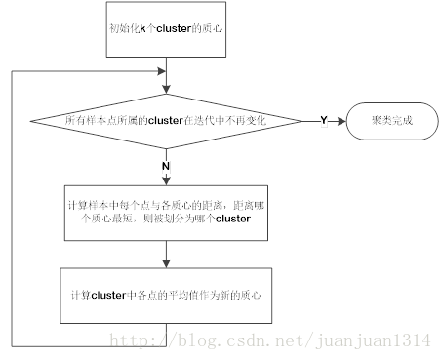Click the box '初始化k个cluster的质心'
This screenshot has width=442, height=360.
(x=167, y=28)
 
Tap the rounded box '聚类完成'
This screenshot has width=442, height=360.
(x=390, y=120)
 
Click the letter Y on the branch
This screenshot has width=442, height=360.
(x=323, y=119)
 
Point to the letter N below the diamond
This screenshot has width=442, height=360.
(x=167, y=166)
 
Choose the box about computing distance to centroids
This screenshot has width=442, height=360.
(x=167, y=212)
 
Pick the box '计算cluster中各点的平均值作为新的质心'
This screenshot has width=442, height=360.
(x=167, y=294)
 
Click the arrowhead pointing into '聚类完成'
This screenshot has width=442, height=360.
(x=341, y=120)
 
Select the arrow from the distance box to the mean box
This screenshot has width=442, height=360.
(x=167, y=252)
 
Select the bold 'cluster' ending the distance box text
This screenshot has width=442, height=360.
(x=230, y=220)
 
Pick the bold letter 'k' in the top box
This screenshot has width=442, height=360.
(x=141, y=28)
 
